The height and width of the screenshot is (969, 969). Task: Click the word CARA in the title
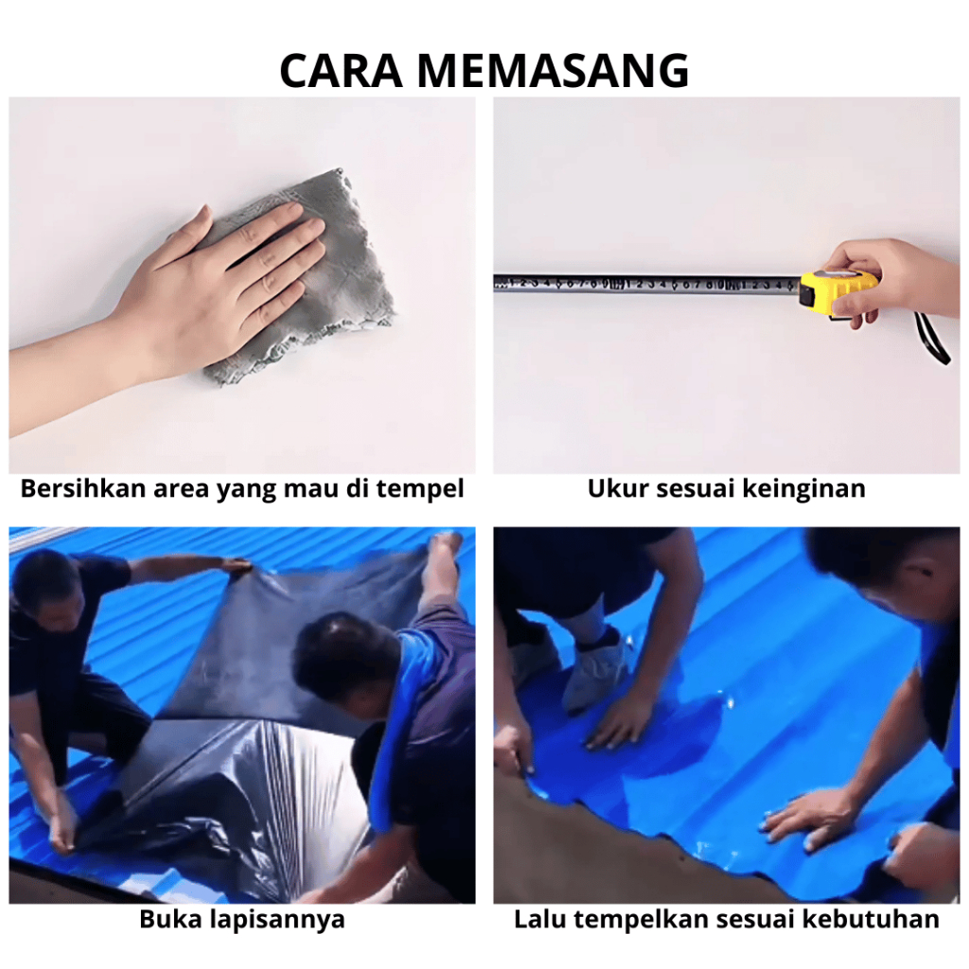pyautogui.click(x=341, y=71)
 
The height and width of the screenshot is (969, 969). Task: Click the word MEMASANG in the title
pyautogui.click(x=553, y=71)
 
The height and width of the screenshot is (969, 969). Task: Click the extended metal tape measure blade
pyautogui.click(x=646, y=284)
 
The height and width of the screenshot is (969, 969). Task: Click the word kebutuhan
pyautogui.click(x=871, y=919)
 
